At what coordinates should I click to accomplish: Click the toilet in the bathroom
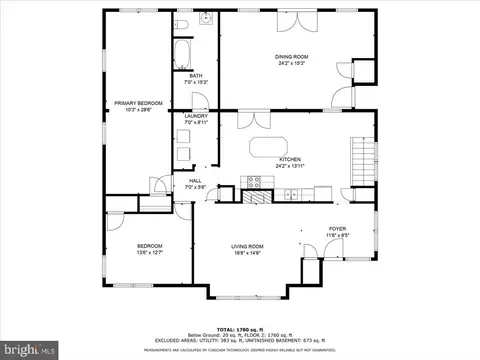pyautogui.click(x=180, y=24)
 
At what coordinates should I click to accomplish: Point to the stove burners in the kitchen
pyautogui.click(x=254, y=181)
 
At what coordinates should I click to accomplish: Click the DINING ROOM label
pyautogui.click(x=290, y=57)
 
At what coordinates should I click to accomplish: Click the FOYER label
pyautogui.click(x=337, y=228)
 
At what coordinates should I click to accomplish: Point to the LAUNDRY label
pyautogui.click(x=196, y=116)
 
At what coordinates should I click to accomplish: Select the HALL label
pyautogui.click(x=195, y=180)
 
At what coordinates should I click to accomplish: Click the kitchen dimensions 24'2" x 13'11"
pyautogui.click(x=290, y=166)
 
